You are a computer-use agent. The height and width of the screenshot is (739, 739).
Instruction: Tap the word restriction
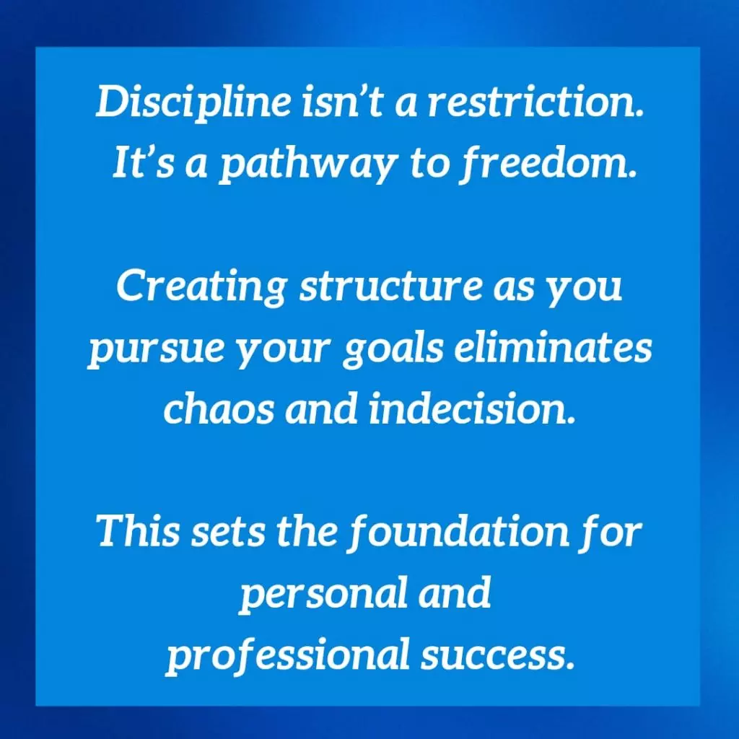[x=535, y=101]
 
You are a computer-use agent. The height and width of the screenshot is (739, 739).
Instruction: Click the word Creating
[x=201, y=287]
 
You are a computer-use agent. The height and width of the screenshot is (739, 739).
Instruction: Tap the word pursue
[x=156, y=350]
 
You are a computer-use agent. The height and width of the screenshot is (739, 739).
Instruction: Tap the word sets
[x=227, y=533]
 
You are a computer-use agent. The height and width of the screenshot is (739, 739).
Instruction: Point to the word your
[x=282, y=351]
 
